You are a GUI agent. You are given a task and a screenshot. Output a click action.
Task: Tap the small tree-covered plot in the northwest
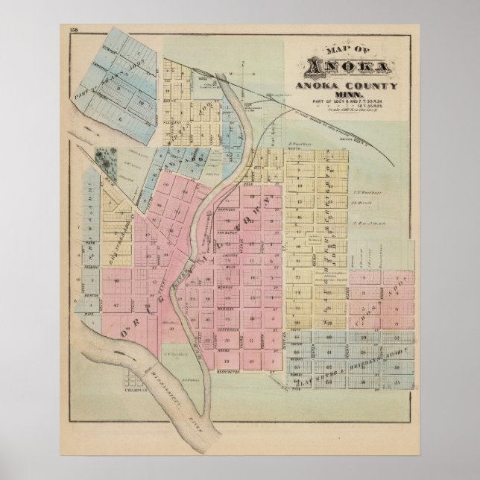[105, 159]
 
